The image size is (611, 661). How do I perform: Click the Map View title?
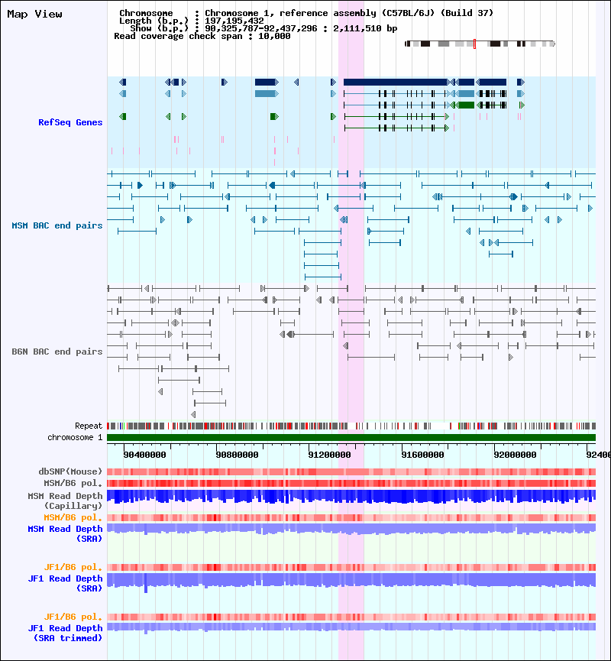pyautogui.click(x=35, y=14)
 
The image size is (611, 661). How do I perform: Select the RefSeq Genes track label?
pyautogui.click(x=70, y=122)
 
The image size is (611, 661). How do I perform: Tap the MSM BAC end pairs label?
pyautogui.click(x=57, y=225)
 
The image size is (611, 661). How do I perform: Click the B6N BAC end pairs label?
pyautogui.click(x=57, y=352)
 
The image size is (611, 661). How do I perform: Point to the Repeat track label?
pyautogui.click(x=89, y=426)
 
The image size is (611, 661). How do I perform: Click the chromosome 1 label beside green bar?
pyautogui.click(x=75, y=437)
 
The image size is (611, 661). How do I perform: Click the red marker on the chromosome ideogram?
pyautogui.click(x=474, y=44)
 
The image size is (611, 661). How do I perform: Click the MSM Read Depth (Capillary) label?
pyautogui.click(x=65, y=501)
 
